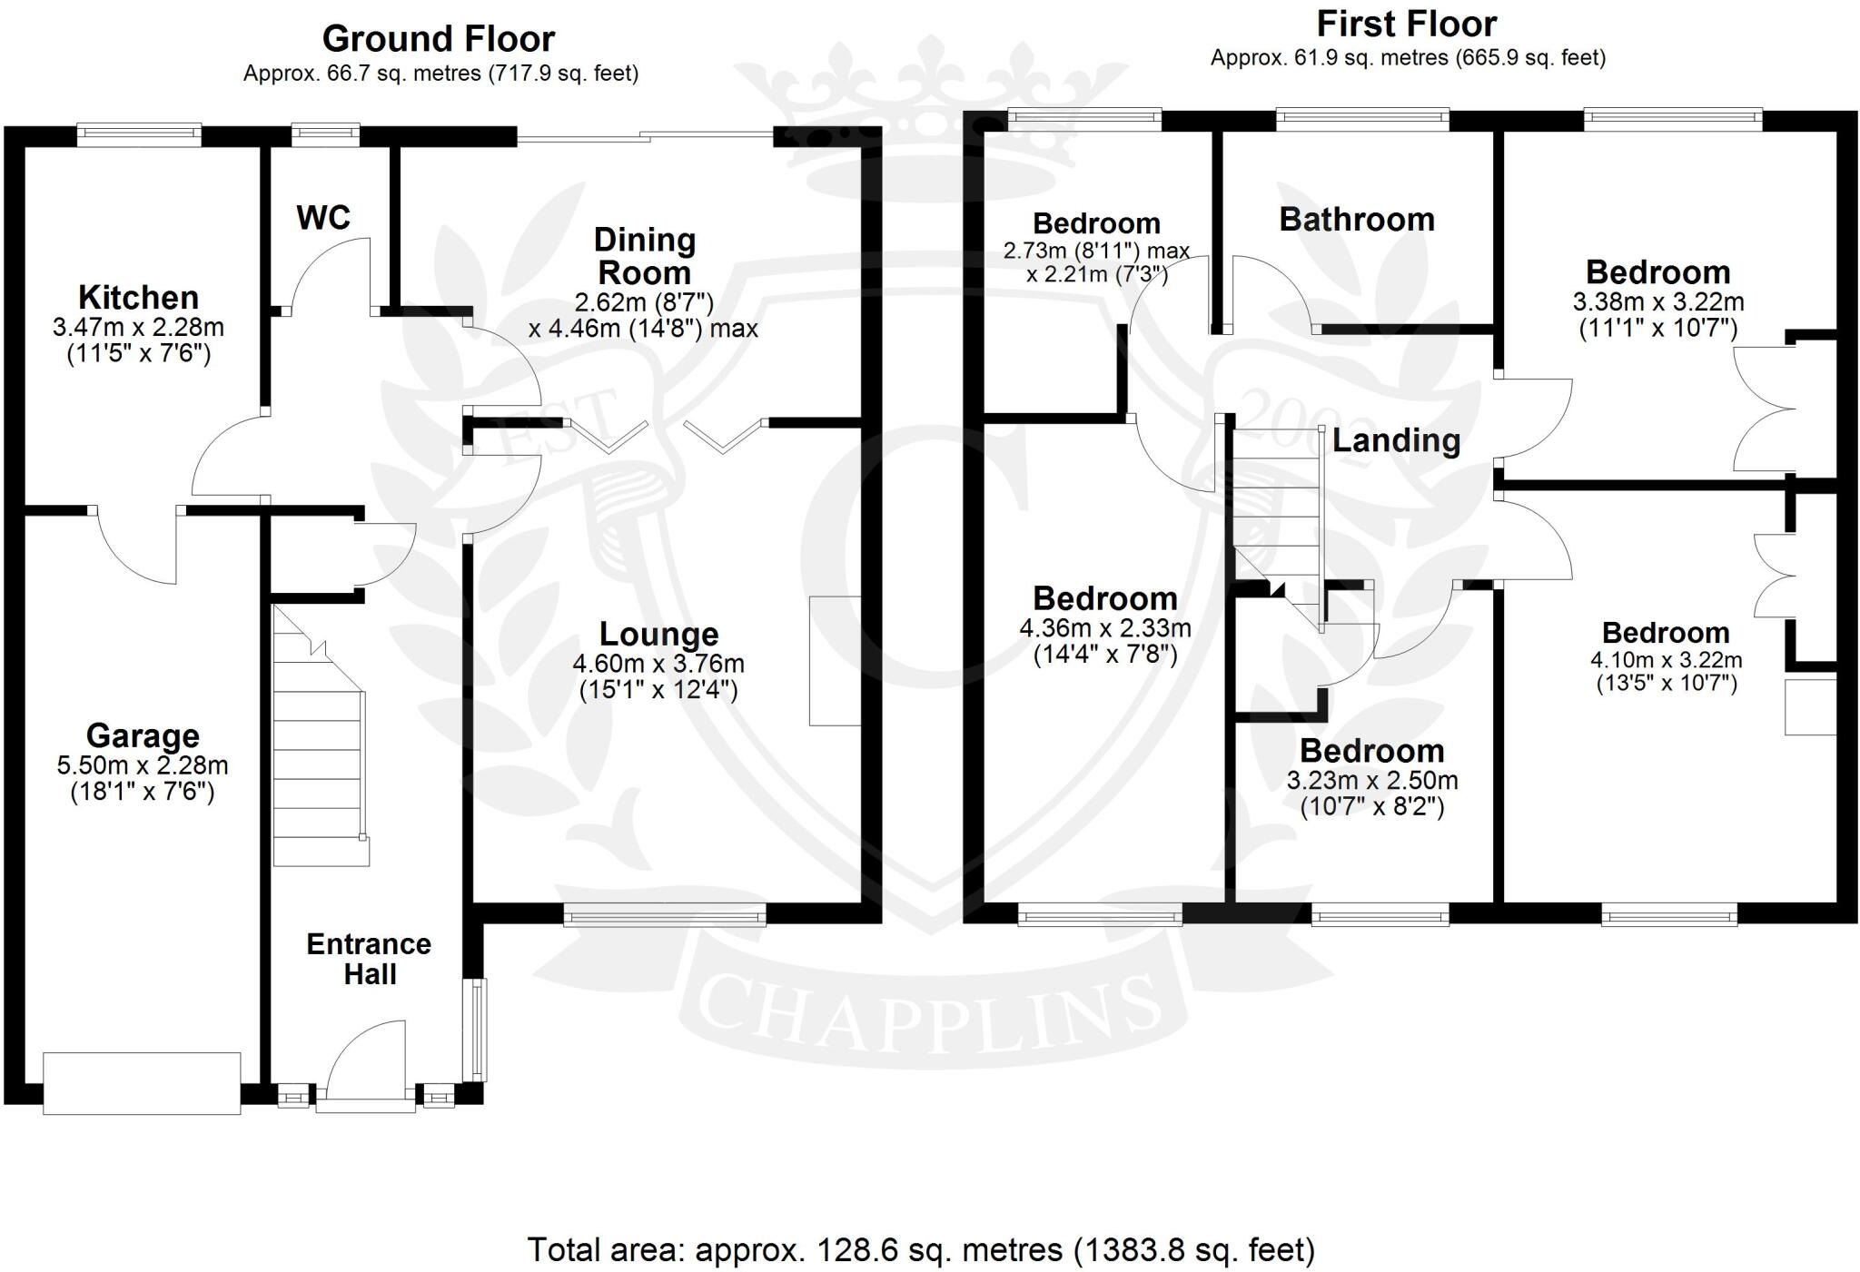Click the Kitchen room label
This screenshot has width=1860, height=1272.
138,298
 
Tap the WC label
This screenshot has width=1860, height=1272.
323,218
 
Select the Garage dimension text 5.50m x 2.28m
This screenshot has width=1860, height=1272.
143,765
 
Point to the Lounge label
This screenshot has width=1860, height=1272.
658,634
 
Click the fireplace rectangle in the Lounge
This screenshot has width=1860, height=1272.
835,660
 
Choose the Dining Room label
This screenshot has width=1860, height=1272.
644,256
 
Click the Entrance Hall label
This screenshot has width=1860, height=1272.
369,959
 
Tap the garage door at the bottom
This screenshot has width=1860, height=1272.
142,1082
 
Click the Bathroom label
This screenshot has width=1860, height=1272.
1357,220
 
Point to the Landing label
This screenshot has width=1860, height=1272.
1396,441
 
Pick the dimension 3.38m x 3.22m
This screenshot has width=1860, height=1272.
1657,301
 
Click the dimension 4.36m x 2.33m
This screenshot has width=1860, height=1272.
1105,627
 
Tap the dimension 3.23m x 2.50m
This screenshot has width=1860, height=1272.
1371,780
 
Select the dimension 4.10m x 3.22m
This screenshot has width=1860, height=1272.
1666,660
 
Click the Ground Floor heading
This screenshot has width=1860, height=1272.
439,39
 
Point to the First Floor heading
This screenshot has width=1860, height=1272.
1407,24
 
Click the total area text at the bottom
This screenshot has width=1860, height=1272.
921,1249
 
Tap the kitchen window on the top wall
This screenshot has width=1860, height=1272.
139,134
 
